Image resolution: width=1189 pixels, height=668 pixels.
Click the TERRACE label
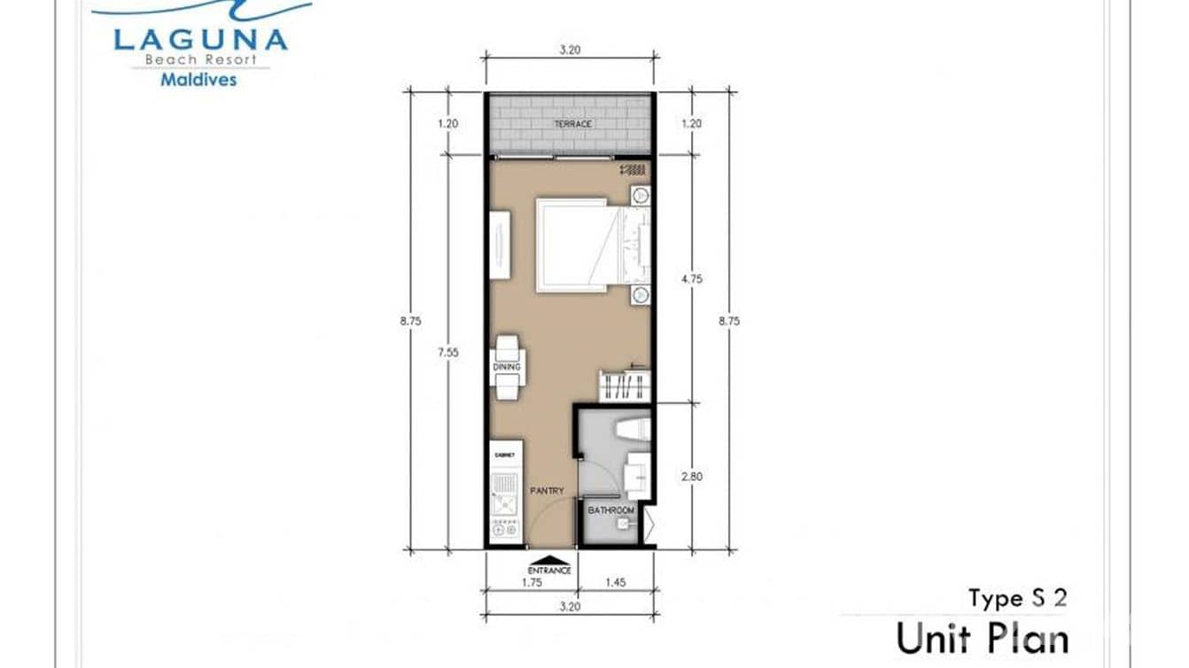coord(572,124)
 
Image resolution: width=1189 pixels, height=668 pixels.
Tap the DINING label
coord(508,367)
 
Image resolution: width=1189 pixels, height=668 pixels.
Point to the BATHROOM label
coord(612,511)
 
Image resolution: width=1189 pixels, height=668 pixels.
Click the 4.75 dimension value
coord(690,278)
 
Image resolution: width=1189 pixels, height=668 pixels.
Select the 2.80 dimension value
coord(690,477)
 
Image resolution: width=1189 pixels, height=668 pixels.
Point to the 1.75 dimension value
coord(532,582)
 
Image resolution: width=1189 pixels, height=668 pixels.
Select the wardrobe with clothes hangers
coord(625,385)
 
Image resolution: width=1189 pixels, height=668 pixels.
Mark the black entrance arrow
coord(550,560)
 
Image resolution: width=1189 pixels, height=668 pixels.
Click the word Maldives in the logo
coord(198,79)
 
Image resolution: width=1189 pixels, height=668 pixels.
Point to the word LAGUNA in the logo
coord(200,40)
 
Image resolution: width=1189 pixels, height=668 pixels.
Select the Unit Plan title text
coord(982,638)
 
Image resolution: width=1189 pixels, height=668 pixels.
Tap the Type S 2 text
coord(1017,598)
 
